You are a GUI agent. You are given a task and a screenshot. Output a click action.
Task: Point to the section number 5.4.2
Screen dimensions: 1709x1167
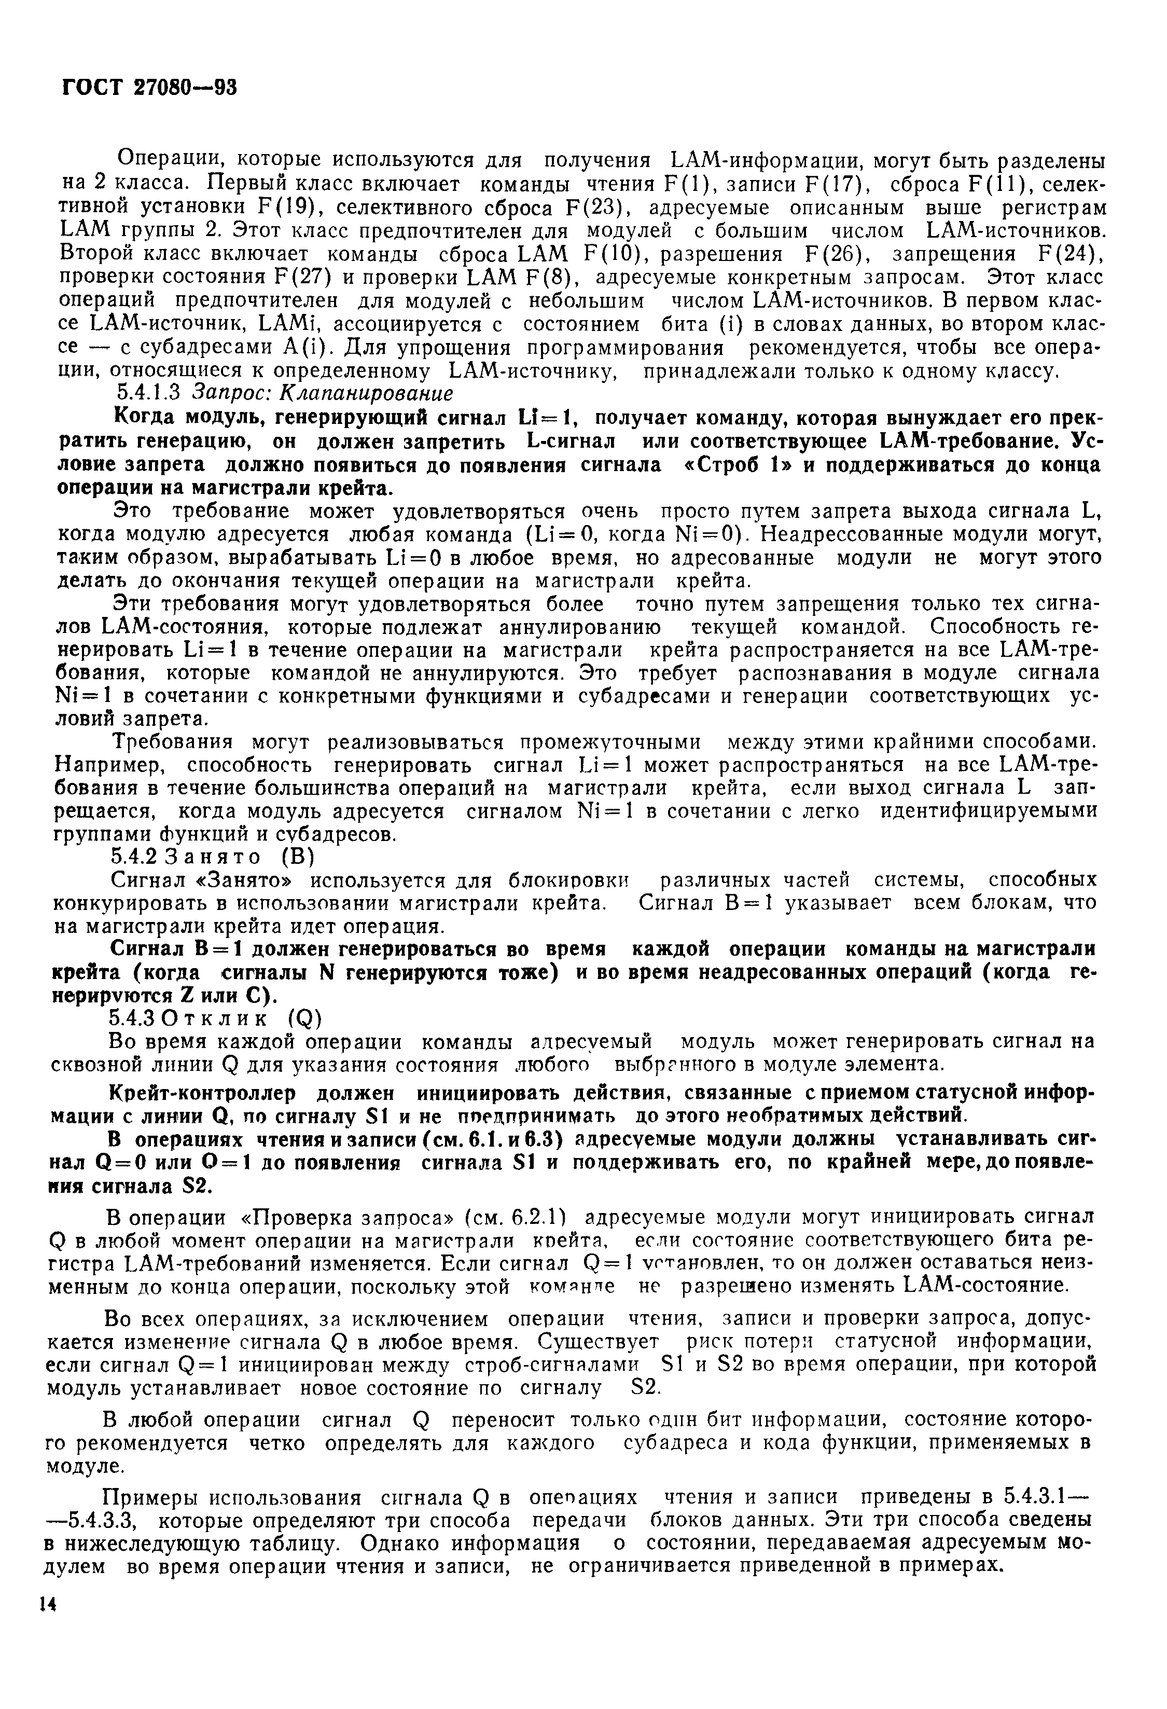pyautogui.click(x=134, y=856)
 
